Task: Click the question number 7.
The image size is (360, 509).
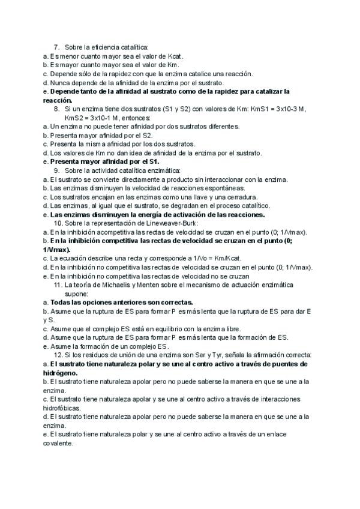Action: [57, 47]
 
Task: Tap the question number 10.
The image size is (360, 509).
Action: [59, 223]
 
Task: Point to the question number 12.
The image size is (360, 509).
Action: [59, 354]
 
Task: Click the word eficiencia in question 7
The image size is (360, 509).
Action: [99, 47]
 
